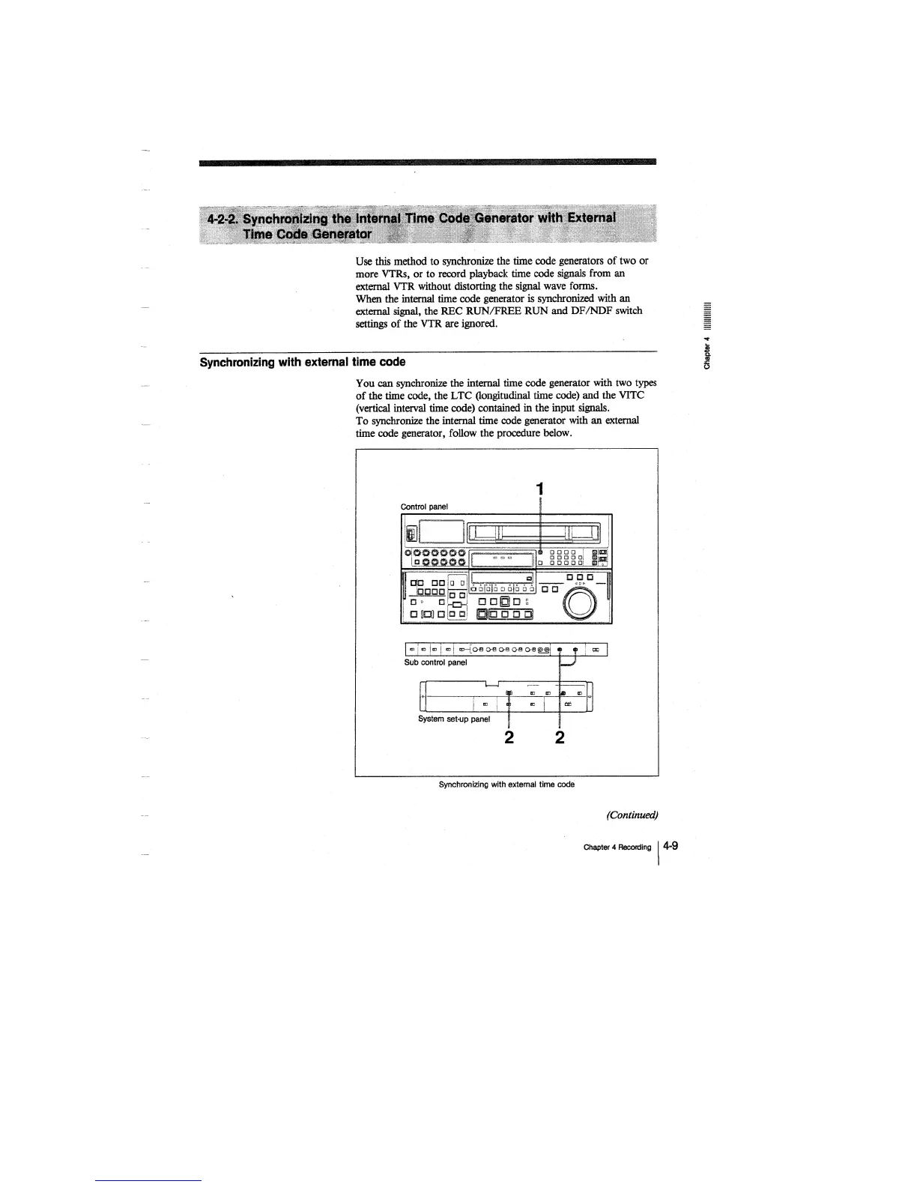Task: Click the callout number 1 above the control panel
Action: pyautogui.click(x=539, y=489)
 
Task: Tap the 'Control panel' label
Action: pyautogui.click(x=424, y=507)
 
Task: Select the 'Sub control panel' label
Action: pyautogui.click(x=435, y=662)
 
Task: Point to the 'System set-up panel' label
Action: pyautogui.click(x=454, y=719)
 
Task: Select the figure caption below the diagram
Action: pyautogui.click(x=506, y=785)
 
